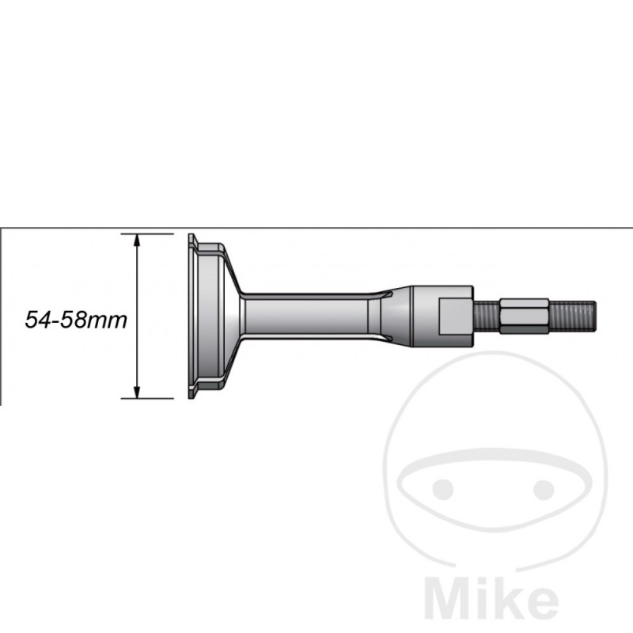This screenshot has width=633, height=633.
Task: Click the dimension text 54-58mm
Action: click(76, 320)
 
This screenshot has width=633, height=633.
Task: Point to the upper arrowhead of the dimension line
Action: click(137, 240)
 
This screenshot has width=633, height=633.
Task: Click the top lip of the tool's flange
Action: click(193, 241)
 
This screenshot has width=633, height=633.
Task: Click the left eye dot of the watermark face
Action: click(445, 489)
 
